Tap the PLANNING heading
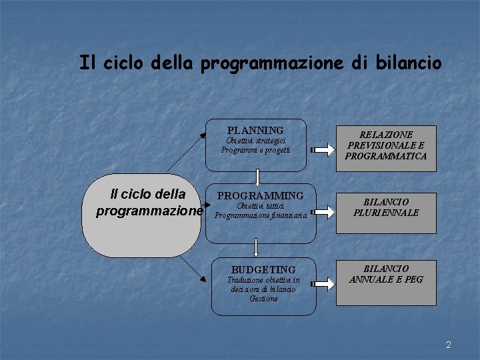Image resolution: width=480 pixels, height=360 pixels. [x=255, y=130]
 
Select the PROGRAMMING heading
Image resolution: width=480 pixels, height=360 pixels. [x=260, y=196]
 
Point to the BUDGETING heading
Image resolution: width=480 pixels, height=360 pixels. [x=263, y=269]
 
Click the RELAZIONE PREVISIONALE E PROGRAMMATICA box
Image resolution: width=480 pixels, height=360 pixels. [x=386, y=145]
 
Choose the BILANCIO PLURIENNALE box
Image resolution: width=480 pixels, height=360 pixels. [x=386, y=207]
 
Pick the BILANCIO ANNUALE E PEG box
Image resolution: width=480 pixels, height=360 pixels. [x=386, y=274]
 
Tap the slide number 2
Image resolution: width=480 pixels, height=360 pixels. [x=449, y=345]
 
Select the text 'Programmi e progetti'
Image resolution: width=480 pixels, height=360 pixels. [x=256, y=150]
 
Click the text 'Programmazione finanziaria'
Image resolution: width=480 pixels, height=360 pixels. [x=261, y=215]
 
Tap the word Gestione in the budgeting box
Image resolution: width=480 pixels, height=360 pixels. [x=263, y=299]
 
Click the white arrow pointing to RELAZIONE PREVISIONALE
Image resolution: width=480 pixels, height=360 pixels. [x=321, y=149]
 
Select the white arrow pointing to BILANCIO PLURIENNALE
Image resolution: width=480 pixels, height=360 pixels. [x=321, y=212]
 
